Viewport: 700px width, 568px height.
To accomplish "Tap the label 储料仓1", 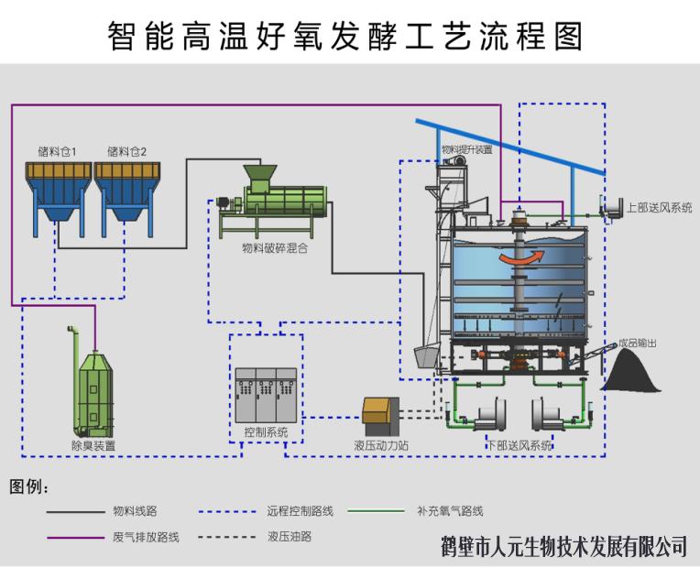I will pos(58,151).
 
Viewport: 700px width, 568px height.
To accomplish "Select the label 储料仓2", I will pos(126,151).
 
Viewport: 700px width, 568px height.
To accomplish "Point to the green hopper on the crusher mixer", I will pos(260,173).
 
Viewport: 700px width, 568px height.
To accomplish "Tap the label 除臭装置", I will pos(93,445).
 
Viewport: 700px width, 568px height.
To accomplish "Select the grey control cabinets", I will pos(265,393).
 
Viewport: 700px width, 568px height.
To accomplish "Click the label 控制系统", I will pos(266,431).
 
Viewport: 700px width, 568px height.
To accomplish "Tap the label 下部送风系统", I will pos(519,445).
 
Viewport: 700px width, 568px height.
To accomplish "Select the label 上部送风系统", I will pos(660,208).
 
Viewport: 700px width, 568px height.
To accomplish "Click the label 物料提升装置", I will pos(466,149).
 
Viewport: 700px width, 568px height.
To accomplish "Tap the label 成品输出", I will pos(638,343).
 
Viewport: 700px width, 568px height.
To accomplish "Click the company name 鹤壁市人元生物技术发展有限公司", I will pos(563,547).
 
